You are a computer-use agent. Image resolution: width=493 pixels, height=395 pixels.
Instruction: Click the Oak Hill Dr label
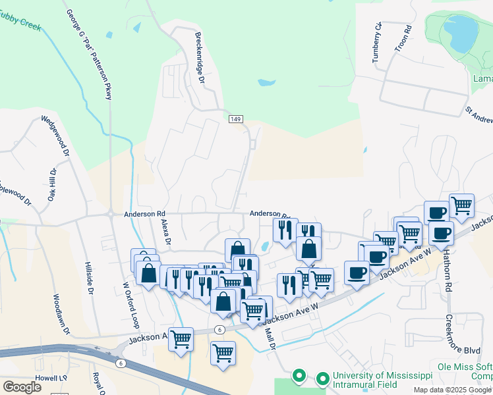pyautogui.click(x=51, y=185)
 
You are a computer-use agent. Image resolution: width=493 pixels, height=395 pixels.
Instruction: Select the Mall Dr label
pyautogui.click(x=269, y=339)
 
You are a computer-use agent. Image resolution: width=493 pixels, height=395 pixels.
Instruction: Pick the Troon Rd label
pyautogui.click(x=408, y=39)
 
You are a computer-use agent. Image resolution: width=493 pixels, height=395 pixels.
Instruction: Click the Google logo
pyautogui.click(x=22, y=387)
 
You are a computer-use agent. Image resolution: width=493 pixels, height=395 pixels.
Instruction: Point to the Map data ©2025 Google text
pyautogui.click(x=452, y=390)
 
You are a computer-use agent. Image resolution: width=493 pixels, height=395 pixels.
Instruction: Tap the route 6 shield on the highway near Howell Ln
pyautogui.click(x=120, y=363)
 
